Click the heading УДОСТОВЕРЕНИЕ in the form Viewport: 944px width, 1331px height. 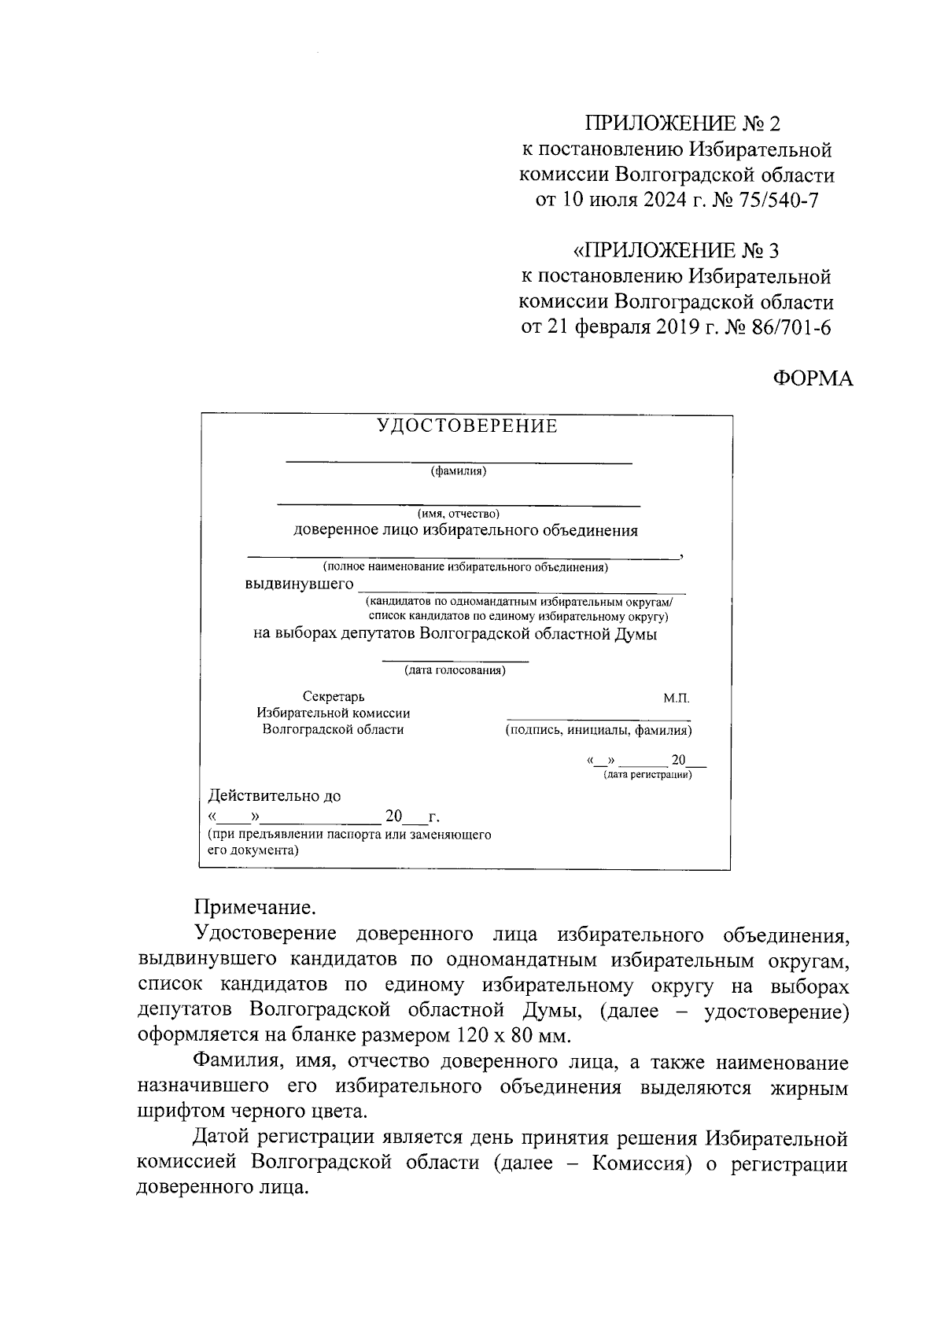tap(466, 426)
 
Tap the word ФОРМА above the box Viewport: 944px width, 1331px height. tap(812, 378)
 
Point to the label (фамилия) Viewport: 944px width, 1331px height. tap(459, 472)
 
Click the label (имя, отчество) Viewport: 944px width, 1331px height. tap(459, 514)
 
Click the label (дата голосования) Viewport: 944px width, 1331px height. tap(455, 671)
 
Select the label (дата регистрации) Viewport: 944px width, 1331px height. tap(647, 775)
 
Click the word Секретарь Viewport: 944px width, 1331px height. tap(334, 697)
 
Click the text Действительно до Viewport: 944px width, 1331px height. tap(274, 796)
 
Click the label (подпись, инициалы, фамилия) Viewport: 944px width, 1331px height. tap(599, 731)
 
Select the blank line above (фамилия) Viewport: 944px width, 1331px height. tap(459, 463)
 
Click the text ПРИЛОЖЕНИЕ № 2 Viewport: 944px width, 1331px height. tap(681, 124)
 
